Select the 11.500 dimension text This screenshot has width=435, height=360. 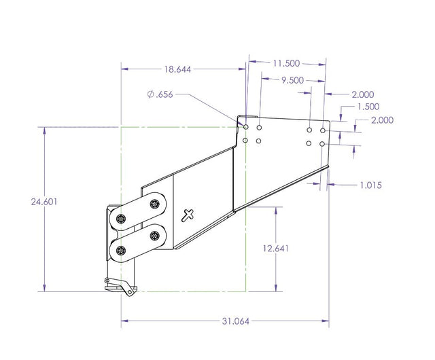point(286,63)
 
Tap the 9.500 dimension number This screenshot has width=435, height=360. point(293,79)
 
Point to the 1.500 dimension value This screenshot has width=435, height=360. point(368,107)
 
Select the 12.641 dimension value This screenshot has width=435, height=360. point(276,248)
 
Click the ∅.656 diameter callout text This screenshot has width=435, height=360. point(160,95)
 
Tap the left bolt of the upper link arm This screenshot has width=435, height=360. point(122,219)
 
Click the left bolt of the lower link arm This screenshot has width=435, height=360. point(122,250)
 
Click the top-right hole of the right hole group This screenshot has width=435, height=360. point(323,130)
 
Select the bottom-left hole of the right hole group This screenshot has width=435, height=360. point(309,143)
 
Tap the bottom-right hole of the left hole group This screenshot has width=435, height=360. point(260,141)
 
